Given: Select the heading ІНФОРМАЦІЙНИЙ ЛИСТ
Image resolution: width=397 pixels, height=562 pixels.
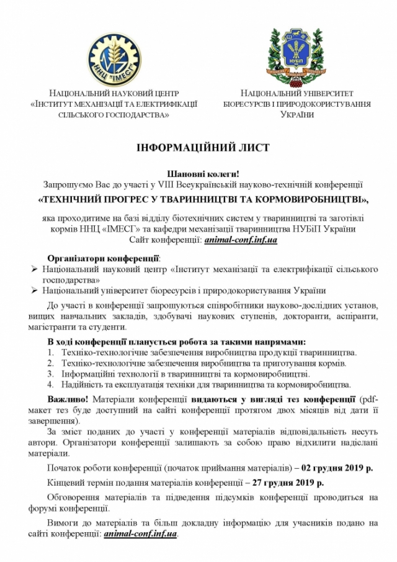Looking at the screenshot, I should (203, 148).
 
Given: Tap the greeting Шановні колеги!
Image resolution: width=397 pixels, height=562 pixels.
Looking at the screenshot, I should (203, 174).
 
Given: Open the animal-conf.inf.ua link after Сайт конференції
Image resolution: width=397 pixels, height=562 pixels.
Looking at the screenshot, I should (241, 240).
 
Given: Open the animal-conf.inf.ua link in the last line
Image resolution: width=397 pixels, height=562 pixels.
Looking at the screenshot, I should (141, 533).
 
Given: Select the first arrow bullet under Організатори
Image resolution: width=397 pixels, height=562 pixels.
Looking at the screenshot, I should (35, 269).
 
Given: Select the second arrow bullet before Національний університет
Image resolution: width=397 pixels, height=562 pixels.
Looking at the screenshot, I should (35, 291).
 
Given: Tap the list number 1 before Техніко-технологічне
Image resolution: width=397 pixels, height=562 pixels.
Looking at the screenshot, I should (51, 352).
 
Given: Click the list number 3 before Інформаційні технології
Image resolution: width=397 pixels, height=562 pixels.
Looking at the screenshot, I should (51, 374).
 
